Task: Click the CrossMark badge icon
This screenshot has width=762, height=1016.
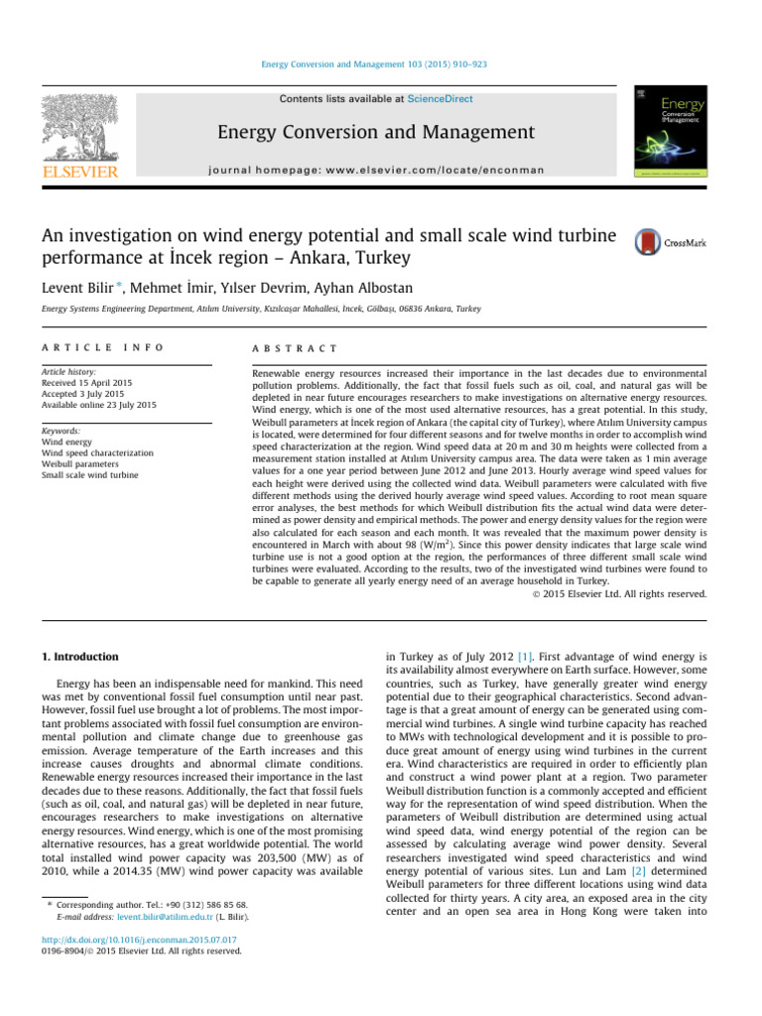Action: (x=648, y=242)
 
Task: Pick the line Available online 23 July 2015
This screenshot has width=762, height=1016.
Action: (x=99, y=404)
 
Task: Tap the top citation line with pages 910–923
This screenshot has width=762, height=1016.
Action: (x=380, y=64)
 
